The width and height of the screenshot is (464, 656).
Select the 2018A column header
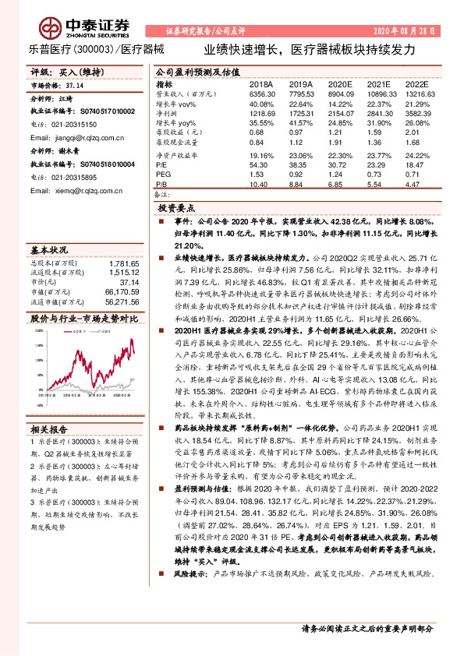260,83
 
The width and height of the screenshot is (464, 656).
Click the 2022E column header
418,83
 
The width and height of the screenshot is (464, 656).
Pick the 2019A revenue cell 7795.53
302,93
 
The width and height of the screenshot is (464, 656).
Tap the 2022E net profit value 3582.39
418,113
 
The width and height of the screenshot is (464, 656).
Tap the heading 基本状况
48,250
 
